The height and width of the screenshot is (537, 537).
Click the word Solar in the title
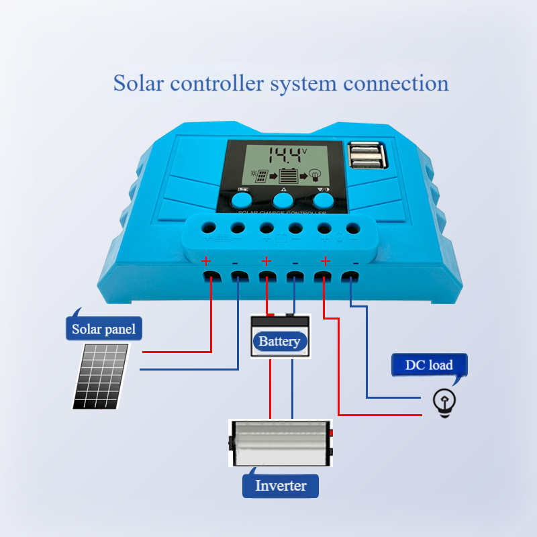tap(138, 84)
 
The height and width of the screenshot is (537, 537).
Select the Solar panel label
tap(103, 329)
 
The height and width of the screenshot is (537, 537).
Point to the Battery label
tap(279, 342)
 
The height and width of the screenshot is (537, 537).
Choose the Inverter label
tap(281, 485)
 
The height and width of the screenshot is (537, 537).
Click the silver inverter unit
tap(281, 443)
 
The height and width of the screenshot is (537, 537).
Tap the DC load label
tap(429, 365)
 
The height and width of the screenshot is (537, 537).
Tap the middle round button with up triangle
tap(283, 199)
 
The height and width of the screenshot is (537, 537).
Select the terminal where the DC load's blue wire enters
tap(350, 277)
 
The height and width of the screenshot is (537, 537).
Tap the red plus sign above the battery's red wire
tap(266, 260)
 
